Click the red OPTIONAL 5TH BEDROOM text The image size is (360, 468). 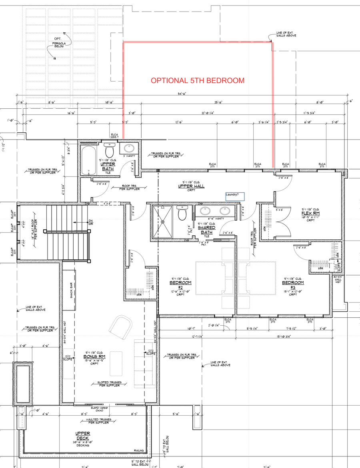click(197, 80)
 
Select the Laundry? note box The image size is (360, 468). click(235, 196)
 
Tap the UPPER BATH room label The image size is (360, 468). click(108, 166)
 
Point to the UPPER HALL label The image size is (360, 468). click(191, 187)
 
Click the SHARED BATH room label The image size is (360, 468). click(207, 230)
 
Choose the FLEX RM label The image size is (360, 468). click(310, 213)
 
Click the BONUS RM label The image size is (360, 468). click(94, 356)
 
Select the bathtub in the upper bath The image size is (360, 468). click(88, 161)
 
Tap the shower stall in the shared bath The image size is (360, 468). click(162, 221)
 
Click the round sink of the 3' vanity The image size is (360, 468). click(129, 149)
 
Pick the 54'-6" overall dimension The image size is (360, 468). click(182, 94)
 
